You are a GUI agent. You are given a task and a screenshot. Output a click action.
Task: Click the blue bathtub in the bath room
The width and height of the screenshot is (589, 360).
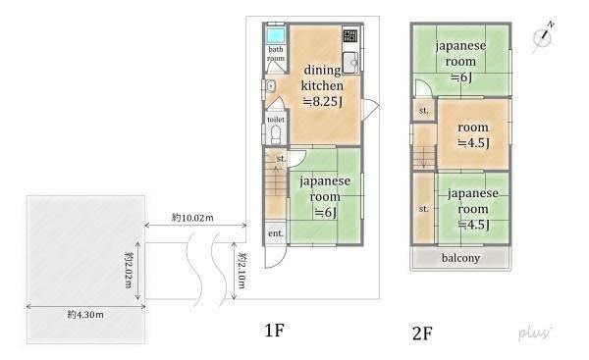(275, 35)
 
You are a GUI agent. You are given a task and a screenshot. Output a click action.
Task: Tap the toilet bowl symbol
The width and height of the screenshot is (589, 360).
(276, 134)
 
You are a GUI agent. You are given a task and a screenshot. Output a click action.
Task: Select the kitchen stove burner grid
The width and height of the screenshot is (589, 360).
(349, 36)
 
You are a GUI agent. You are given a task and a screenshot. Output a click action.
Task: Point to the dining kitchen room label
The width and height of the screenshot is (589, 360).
(322, 85)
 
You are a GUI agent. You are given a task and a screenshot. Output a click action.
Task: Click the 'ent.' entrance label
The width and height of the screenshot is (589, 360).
(275, 233)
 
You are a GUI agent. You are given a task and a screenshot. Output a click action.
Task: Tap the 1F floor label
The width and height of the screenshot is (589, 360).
(274, 331)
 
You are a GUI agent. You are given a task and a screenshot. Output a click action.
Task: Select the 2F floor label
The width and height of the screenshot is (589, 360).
(422, 334)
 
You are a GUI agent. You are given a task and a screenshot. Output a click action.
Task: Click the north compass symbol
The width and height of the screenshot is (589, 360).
(543, 37)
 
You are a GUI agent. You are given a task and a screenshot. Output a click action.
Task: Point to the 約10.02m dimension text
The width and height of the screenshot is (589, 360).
(192, 218)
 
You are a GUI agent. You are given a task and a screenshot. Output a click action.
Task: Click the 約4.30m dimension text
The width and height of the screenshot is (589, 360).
(85, 315)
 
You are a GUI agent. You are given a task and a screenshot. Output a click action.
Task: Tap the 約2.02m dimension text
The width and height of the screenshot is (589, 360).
(129, 270)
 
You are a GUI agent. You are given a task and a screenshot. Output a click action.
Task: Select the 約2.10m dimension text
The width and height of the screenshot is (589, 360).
(242, 271)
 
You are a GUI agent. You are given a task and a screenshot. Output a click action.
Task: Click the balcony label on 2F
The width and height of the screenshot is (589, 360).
(460, 258)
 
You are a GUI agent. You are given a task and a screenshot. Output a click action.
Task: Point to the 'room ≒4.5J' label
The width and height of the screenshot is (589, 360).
(473, 135)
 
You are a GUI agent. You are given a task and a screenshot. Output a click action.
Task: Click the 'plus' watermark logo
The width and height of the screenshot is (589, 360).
(535, 332)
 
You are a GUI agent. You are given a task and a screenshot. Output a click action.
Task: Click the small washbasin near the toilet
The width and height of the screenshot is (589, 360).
(271, 86)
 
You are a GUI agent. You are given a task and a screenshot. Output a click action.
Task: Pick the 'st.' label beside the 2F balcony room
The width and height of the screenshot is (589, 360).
(424, 209)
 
